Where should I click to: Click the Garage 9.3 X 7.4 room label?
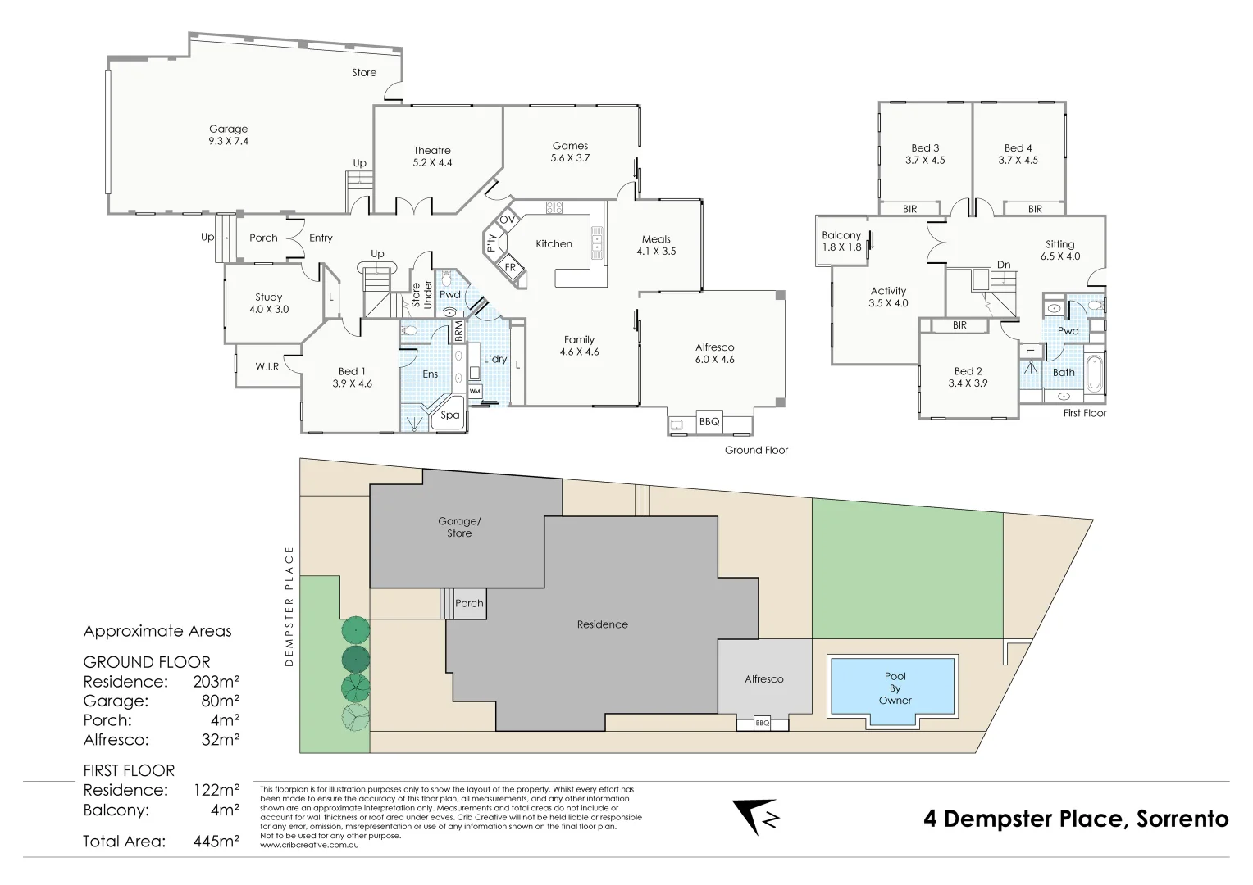[228, 135]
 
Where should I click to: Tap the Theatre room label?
[432, 156]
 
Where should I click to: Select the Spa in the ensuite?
[450, 415]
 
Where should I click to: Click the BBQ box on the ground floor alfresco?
[709, 422]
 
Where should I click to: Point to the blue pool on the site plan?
[895, 688]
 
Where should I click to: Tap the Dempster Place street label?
[289, 606]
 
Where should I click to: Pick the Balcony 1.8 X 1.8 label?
[841, 241]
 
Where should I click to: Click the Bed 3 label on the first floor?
[925, 154]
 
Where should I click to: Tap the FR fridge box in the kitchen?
[509, 267]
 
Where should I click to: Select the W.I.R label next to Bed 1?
[267, 366]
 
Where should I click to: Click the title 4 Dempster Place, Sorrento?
[1076, 819]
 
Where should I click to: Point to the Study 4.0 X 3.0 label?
[268, 303]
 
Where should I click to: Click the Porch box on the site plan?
[469, 604]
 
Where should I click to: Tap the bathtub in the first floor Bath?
[1095, 373]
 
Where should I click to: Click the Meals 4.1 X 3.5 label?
[656, 246]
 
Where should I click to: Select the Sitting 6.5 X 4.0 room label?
[1059, 250]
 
